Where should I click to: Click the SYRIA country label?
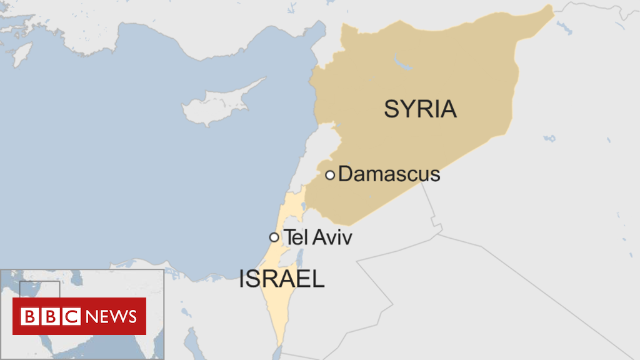(x=420, y=109)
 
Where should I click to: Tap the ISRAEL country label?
(x=282, y=279)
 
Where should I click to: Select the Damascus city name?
(x=389, y=174)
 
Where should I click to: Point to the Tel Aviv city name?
(x=318, y=237)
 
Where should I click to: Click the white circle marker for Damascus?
(x=330, y=175)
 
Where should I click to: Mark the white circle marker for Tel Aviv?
(x=274, y=237)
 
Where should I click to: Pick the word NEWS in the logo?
(x=111, y=316)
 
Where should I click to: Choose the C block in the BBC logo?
(x=71, y=316)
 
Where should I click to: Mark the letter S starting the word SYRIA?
(x=391, y=109)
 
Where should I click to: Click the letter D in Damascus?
(x=344, y=174)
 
